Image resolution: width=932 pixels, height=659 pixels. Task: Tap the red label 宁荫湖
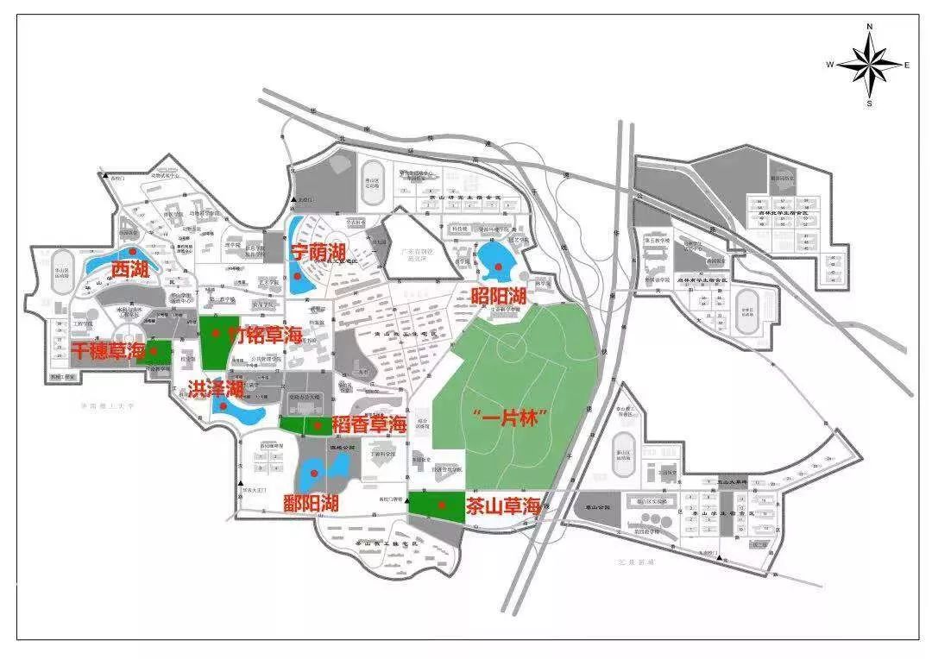(x=318, y=253)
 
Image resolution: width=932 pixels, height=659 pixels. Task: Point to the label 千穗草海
(x=107, y=351)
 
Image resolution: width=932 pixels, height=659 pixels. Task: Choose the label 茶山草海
(x=503, y=506)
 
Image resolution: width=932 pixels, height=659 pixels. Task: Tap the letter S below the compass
(x=870, y=104)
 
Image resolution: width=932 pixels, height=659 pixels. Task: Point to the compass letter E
(x=907, y=66)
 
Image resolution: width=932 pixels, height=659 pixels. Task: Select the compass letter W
(x=830, y=66)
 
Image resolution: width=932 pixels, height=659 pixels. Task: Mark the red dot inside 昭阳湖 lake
(x=496, y=267)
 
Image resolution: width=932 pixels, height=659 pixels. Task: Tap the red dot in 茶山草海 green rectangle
(x=442, y=505)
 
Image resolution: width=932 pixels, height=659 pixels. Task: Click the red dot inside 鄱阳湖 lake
(x=315, y=474)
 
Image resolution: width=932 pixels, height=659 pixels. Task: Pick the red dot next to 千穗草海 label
(x=154, y=351)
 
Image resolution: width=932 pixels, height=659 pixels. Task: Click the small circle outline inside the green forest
(x=511, y=349)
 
